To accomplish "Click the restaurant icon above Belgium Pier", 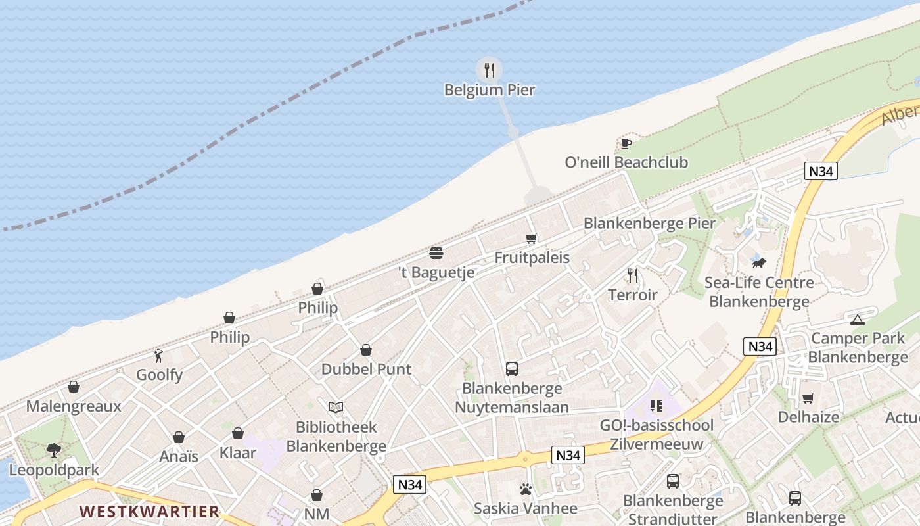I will click(x=489, y=70).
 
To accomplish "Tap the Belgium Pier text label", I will click(x=489, y=90).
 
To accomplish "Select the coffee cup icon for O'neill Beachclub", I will click(x=626, y=143).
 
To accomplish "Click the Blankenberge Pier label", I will click(x=649, y=224).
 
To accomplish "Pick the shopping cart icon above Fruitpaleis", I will click(x=532, y=238).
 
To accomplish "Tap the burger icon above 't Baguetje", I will click(x=436, y=253).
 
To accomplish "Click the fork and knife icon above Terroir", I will click(x=633, y=275).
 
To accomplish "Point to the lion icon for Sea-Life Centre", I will click(x=759, y=263).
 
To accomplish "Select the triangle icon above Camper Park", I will click(x=857, y=320).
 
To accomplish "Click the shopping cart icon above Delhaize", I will click(x=808, y=398).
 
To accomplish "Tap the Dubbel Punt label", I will click(x=366, y=370).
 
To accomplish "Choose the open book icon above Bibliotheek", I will click(x=336, y=407).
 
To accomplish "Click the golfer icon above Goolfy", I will click(x=158, y=356).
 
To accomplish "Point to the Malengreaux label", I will click(x=74, y=406).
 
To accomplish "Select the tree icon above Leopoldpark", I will click(x=54, y=450).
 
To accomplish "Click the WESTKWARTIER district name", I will click(x=149, y=512).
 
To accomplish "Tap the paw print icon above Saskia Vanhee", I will click(x=526, y=489).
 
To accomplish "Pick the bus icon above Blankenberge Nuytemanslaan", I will click(x=512, y=369).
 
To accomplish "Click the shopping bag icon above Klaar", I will click(x=238, y=434).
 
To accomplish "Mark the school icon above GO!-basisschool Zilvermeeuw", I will click(x=656, y=406).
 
